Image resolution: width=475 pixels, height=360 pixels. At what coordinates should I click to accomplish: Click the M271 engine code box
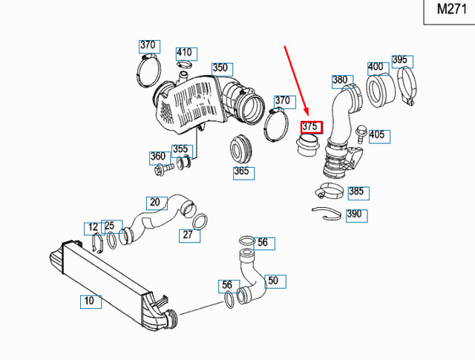448,10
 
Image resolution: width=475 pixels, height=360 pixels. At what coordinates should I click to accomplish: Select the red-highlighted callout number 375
311,126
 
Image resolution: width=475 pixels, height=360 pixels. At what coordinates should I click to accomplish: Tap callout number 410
184,53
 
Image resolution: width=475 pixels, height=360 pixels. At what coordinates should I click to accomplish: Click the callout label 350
220,68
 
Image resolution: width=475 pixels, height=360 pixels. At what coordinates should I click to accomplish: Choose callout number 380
340,79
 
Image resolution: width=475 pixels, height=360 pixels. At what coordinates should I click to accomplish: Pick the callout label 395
400,59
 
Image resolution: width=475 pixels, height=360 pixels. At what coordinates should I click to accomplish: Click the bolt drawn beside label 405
360,134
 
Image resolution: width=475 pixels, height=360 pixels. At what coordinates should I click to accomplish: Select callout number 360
158,157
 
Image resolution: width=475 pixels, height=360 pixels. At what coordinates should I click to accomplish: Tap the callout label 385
356,192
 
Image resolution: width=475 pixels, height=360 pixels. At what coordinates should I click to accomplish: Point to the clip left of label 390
325,215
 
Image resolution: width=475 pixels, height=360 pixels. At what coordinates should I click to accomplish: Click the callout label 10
89,301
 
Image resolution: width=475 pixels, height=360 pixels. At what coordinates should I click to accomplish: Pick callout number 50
273,281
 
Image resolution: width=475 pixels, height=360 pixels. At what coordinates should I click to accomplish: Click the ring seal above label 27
200,220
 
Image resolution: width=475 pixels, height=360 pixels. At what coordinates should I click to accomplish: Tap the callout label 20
154,202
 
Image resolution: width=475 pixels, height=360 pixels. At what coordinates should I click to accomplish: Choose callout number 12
92,226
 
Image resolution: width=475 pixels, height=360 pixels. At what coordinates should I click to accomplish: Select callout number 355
180,149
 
